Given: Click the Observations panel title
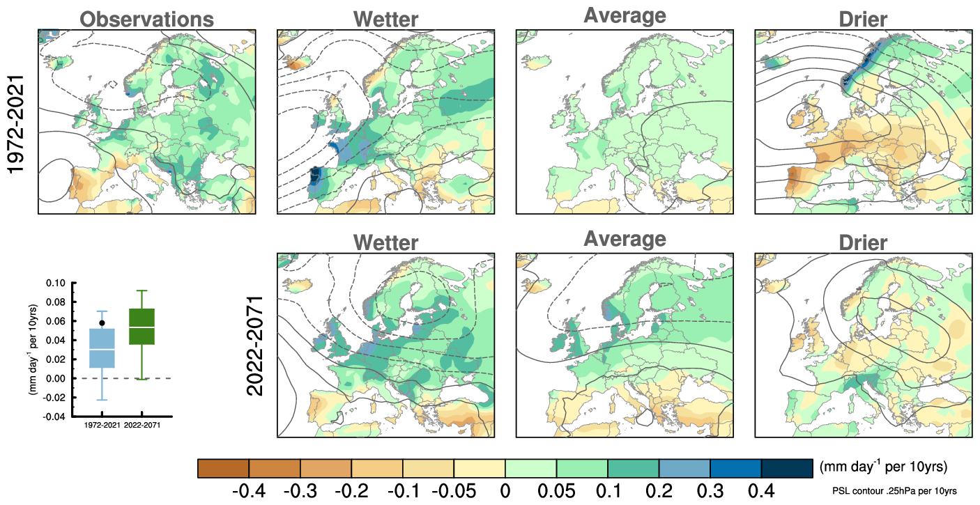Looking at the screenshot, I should coord(145,20).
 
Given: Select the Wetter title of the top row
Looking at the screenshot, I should coord(385,20).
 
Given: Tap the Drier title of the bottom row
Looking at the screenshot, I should coord(864,242).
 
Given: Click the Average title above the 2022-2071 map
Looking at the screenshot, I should coord(625,240).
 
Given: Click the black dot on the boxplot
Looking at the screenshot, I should coord(102,323).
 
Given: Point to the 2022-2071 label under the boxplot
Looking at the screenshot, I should coord(142,424).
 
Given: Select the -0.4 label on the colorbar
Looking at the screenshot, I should coord(249,491).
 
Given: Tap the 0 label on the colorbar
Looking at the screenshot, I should coord(505,491).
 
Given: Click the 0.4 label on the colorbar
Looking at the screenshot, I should coord(760,491).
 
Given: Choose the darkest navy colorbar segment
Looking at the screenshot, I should coord(787,468).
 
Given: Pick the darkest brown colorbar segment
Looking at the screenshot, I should coord(223,468).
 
